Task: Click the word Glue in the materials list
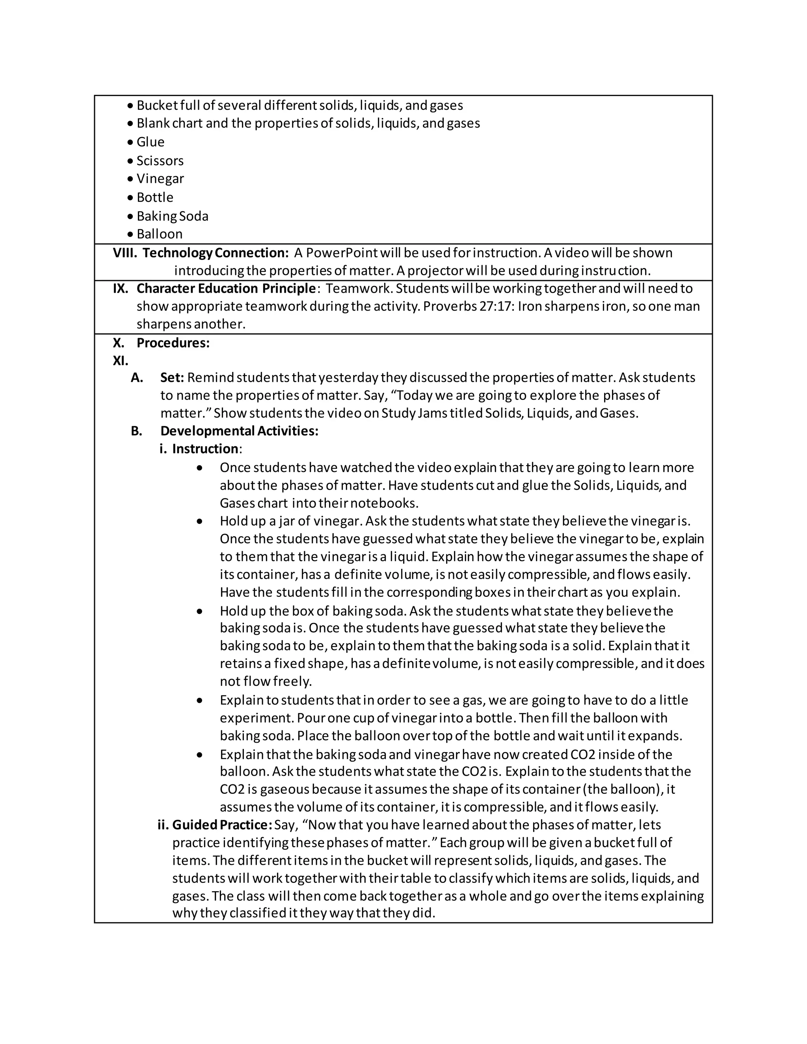(x=150, y=142)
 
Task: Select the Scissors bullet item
(x=160, y=161)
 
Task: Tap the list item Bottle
(x=155, y=197)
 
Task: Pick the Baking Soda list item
(x=172, y=216)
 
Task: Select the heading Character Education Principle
(x=226, y=288)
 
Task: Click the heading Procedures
(x=173, y=343)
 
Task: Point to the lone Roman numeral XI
(x=121, y=360)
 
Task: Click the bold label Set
(x=172, y=378)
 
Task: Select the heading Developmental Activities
(x=239, y=431)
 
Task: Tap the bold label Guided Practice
(x=222, y=825)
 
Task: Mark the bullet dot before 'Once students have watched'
(x=200, y=468)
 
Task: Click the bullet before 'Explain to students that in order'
(x=200, y=700)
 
